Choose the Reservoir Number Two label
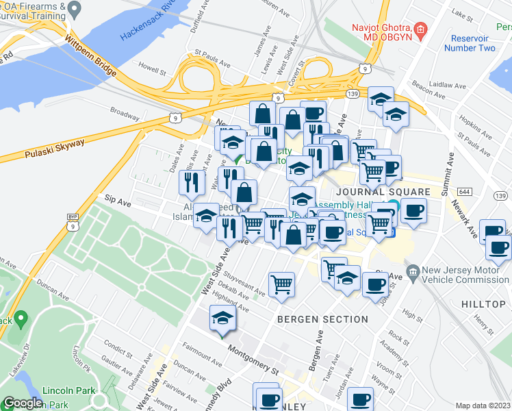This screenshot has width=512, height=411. (470, 43)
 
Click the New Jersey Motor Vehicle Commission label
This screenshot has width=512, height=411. (465, 274)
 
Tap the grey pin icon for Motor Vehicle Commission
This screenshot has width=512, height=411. (413, 273)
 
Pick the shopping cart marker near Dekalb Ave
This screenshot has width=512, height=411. (281, 284)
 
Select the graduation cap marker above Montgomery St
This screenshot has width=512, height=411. (222, 319)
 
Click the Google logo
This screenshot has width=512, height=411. (23, 403)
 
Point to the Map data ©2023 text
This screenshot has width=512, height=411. (483, 406)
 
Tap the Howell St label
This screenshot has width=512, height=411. (153, 70)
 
